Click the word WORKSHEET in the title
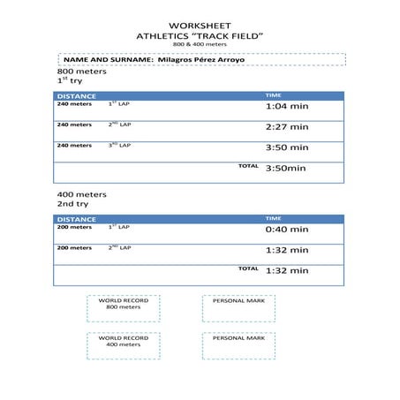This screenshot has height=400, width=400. click(199, 26)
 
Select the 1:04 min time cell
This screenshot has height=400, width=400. click(287, 106)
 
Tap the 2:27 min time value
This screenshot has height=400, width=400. click(287, 127)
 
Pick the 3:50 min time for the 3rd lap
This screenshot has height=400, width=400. click(287, 148)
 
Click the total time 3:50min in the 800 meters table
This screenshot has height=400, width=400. click(285, 168)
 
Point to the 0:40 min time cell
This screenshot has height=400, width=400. click(287, 229)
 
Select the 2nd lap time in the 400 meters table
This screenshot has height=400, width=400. click(287, 250)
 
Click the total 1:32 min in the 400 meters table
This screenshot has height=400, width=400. click(287, 270)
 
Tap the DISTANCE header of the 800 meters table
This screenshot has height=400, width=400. click(76, 95)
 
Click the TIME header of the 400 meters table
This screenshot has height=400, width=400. click(274, 218)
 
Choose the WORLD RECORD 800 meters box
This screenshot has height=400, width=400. click(123, 307)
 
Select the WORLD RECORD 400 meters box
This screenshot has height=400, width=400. click(123, 344)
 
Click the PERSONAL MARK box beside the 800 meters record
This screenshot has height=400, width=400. click(238, 307)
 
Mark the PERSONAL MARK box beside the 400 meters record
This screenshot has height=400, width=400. click(238, 344)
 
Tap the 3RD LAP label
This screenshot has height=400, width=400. click(119, 145)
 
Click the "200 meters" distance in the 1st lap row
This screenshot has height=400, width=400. click(74, 227)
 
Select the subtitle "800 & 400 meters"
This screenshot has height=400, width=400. click(199, 44)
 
